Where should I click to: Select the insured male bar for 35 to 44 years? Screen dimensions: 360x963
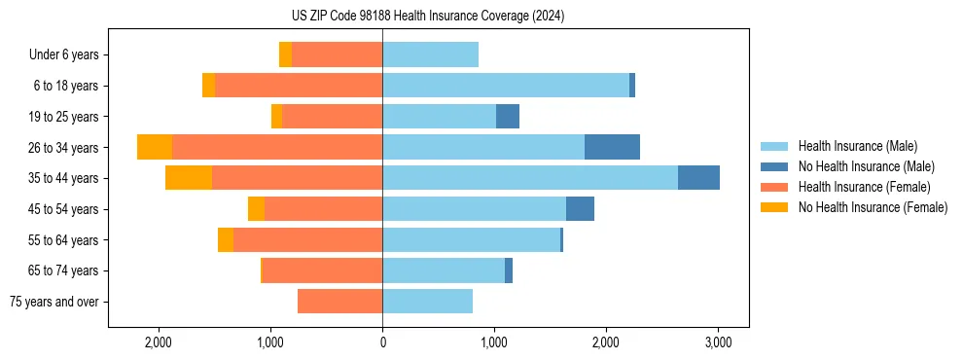(x=530, y=178)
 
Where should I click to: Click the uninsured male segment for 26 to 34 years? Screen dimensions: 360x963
(x=612, y=147)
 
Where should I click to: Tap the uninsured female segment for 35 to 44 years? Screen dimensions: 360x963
(x=189, y=178)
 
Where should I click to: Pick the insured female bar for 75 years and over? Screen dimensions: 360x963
(x=339, y=302)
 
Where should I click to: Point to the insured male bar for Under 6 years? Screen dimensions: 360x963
(x=430, y=54)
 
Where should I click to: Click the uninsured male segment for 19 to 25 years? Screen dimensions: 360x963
(x=508, y=117)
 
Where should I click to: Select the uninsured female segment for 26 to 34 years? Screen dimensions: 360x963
(x=155, y=147)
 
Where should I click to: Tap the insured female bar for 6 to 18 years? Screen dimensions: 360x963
(x=299, y=86)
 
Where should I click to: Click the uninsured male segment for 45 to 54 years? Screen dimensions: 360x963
(x=580, y=209)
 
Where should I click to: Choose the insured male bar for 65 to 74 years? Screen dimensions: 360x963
(x=444, y=270)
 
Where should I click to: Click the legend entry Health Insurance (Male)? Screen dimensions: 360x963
(x=857, y=146)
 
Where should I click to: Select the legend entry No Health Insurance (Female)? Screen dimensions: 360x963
(x=873, y=207)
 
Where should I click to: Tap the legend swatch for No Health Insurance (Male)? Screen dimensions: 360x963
(x=774, y=166)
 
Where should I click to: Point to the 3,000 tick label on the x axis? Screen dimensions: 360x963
(x=718, y=342)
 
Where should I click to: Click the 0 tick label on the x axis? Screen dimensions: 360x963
(x=382, y=342)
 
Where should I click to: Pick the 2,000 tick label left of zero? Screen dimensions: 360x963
(x=159, y=342)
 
